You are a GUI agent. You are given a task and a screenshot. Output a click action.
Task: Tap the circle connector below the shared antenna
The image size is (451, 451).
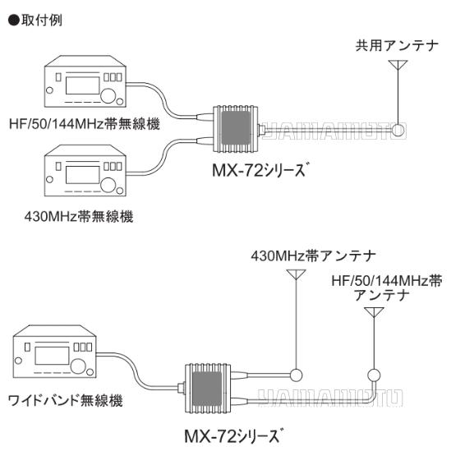(x=399, y=129)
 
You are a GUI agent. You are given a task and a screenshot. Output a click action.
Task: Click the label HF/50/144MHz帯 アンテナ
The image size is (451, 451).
(x=392, y=287)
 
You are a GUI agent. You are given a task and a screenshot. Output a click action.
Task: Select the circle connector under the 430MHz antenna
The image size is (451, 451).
(x=296, y=375)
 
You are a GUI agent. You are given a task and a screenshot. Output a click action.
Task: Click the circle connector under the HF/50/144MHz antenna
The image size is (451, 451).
(x=375, y=375)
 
